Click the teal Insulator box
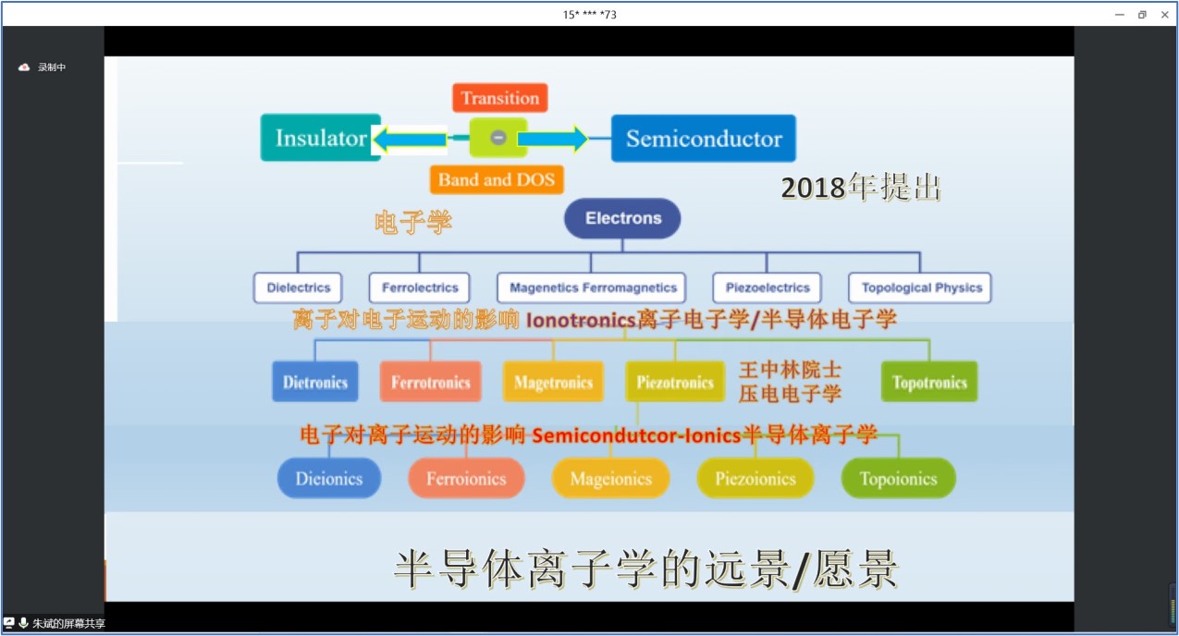(321, 138)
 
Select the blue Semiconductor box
(703, 139)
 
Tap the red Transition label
(500, 98)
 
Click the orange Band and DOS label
(497, 180)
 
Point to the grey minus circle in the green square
(497, 138)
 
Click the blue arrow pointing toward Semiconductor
(553, 139)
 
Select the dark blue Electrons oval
(622, 218)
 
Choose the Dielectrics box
(298, 287)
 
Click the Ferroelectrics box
(420, 287)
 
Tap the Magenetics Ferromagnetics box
(592, 287)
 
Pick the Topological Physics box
(920, 287)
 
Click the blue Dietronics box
(315, 382)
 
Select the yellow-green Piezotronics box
(675, 382)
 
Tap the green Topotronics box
(929, 382)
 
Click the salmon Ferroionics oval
(466, 478)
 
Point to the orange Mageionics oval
(610, 478)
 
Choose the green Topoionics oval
(899, 478)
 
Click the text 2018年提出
(861, 188)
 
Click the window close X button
(1165, 15)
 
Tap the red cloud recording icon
(24, 67)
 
